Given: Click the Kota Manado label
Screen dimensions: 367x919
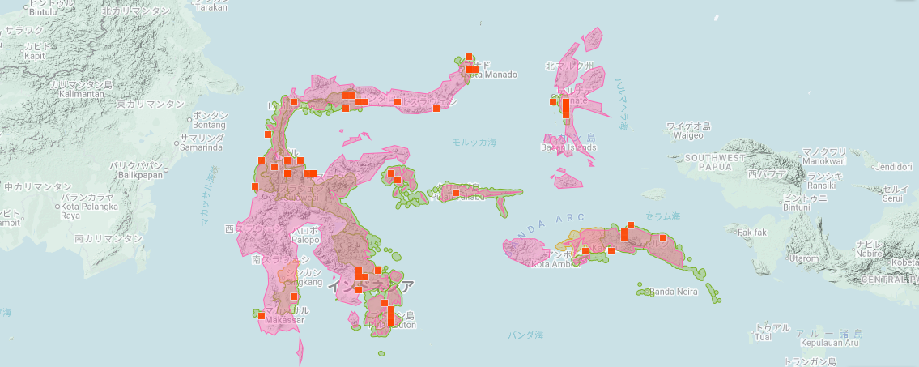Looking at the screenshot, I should tap(491, 75).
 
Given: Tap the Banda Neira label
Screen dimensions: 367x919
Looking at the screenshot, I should tap(674, 292).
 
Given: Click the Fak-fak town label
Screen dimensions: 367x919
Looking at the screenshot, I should tap(752, 233).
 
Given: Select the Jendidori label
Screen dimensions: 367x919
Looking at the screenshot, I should tap(893, 167).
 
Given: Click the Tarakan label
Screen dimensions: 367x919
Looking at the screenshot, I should tap(210, 6).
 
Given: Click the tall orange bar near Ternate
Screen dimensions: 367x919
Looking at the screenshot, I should tap(565, 109).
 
